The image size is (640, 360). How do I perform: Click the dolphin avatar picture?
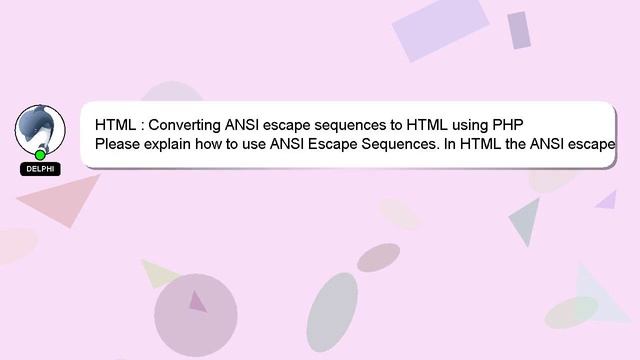pyautogui.click(x=40, y=127)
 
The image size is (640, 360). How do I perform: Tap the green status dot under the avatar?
pyautogui.click(x=40, y=155)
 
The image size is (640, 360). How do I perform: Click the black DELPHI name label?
pyautogui.click(x=40, y=169)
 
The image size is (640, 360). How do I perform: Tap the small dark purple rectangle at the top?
pyautogui.click(x=518, y=30)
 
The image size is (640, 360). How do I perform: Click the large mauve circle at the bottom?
pyautogui.click(x=195, y=315)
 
